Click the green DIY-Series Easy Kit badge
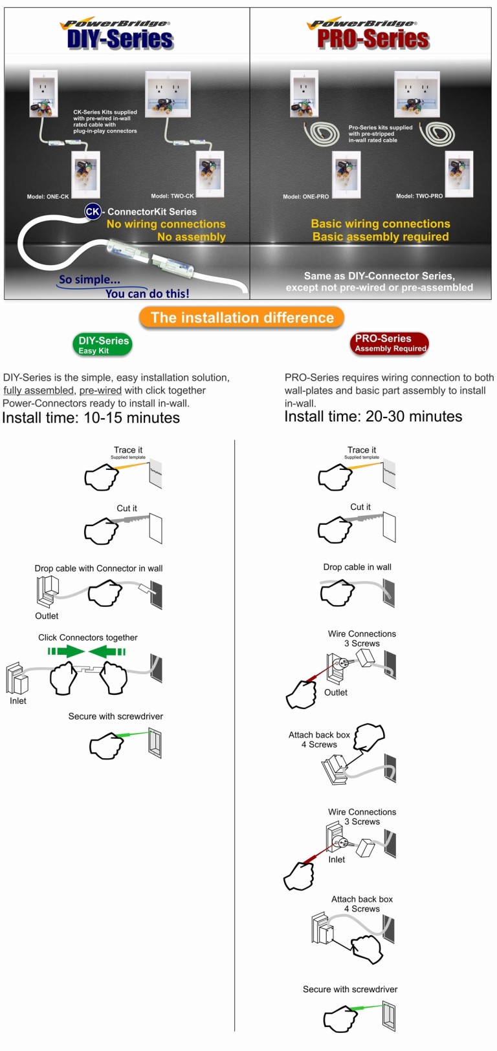pos(104,345)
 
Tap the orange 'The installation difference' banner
pos(242,317)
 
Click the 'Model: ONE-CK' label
pos(48,196)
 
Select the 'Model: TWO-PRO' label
pos(419,196)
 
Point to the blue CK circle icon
pos(93,211)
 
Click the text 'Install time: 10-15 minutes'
pos(91,418)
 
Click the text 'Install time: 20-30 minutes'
pos(373,416)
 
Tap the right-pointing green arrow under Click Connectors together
pos(67,651)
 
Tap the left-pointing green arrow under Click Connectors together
pos(106,651)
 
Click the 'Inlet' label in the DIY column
pos(18,701)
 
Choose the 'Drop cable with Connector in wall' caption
pos(98,568)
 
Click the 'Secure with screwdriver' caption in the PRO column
pos(350,989)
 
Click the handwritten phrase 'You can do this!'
pos(148,293)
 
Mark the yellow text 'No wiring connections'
pos(166,224)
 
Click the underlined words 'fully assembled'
pos(38,390)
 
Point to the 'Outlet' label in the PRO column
pos(336,692)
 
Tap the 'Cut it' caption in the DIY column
pos(127,508)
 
